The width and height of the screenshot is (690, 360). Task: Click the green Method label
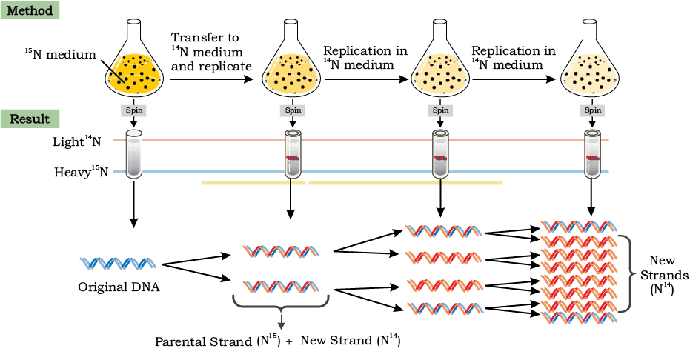(30, 10)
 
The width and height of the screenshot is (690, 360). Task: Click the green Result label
(30, 119)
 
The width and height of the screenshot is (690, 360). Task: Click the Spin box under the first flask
(134, 110)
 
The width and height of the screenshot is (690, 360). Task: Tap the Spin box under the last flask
(593, 110)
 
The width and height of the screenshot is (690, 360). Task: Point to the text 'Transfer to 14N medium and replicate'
(211, 52)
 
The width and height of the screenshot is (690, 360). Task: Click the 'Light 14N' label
(76, 141)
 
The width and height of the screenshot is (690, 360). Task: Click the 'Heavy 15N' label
(81, 171)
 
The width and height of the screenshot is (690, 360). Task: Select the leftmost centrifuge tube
(133, 154)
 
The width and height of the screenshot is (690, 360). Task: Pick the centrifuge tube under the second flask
(293, 154)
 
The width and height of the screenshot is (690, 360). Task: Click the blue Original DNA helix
(118, 263)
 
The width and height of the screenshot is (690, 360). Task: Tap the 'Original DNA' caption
(119, 287)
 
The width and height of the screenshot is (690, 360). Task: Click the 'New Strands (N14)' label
(664, 275)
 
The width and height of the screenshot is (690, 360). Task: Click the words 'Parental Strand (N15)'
(217, 341)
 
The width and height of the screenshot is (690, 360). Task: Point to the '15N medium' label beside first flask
(60, 55)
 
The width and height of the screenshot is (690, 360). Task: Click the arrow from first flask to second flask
(212, 79)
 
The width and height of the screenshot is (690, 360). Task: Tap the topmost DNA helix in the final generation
(578, 227)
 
